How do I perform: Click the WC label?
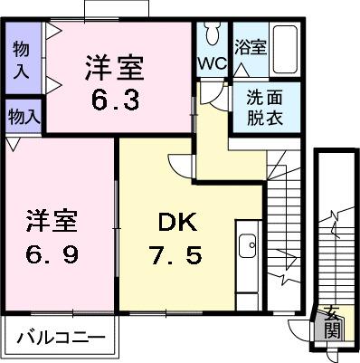[212, 63]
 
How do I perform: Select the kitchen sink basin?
[246, 246]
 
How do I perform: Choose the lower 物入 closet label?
[23, 116]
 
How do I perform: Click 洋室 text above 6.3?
[113, 67]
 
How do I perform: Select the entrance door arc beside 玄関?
[301, 330]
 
